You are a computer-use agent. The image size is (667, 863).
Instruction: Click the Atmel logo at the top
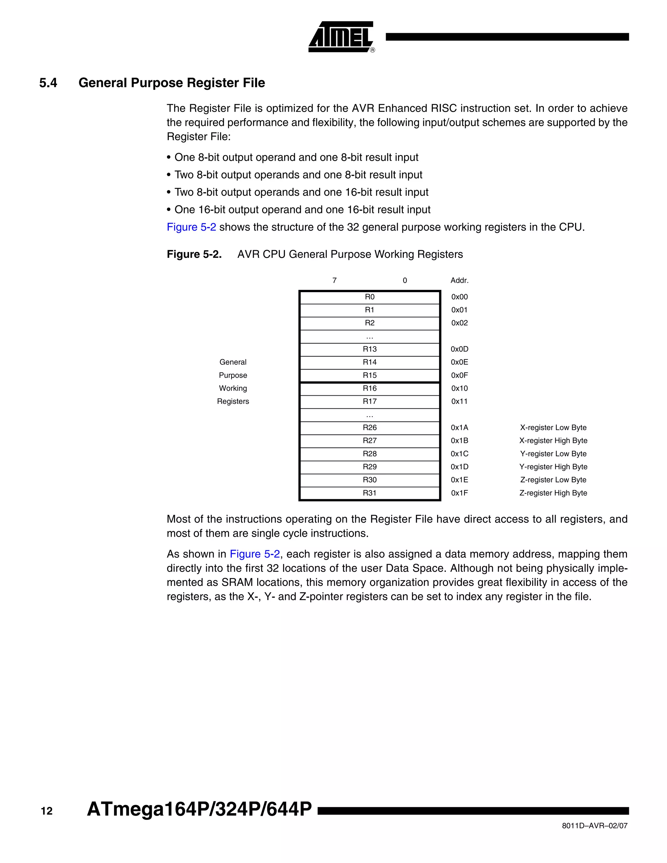pyautogui.click(x=341, y=37)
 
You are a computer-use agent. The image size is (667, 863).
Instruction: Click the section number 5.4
pyautogui.click(x=48, y=83)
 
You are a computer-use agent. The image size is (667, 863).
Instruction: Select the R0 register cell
pyautogui.click(x=369, y=297)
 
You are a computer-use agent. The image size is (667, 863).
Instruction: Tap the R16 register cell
pyautogui.click(x=369, y=389)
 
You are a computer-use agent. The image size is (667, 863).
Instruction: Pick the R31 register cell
pyautogui.click(x=369, y=493)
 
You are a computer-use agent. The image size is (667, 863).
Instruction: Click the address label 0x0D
pyautogui.click(x=460, y=349)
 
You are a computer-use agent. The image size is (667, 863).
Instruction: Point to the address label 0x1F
pyautogui.click(x=460, y=493)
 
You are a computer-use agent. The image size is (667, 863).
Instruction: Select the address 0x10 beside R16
pyautogui.click(x=460, y=389)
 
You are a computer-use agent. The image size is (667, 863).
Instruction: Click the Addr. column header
pyautogui.click(x=460, y=280)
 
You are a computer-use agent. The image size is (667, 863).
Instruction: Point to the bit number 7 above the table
pyautogui.click(x=334, y=280)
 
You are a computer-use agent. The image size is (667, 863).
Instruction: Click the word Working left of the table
pyautogui.click(x=233, y=389)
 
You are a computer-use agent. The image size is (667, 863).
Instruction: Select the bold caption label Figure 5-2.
pyautogui.click(x=194, y=254)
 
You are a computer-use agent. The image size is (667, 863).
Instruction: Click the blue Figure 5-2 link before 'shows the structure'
pyautogui.click(x=191, y=227)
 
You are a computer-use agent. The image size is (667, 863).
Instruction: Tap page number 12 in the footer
pyautogui.click(x=47, y=811)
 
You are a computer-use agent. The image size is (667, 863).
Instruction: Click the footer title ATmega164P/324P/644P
pyautogui.click(x=199, y=809)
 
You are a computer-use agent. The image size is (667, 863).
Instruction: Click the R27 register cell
pyautogui.click(x=369, y=441)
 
